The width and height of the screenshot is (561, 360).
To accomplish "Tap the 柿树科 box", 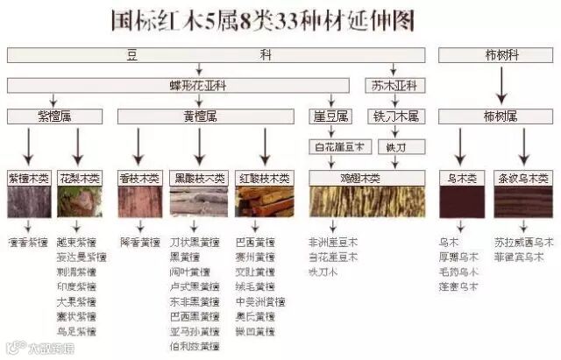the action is pos(501,55).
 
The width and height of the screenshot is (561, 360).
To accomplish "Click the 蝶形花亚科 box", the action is pos(200,86).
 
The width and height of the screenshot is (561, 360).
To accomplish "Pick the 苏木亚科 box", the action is pos(394,86).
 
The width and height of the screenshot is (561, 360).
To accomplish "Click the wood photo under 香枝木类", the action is pos(139,201).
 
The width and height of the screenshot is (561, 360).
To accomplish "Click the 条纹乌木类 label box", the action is pos(523,178).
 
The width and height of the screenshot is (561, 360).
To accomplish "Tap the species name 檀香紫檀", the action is pos(28,242).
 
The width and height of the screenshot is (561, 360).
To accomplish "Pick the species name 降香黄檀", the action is pos(139,242).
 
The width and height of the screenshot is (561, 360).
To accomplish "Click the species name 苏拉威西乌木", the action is pos(523,242).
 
